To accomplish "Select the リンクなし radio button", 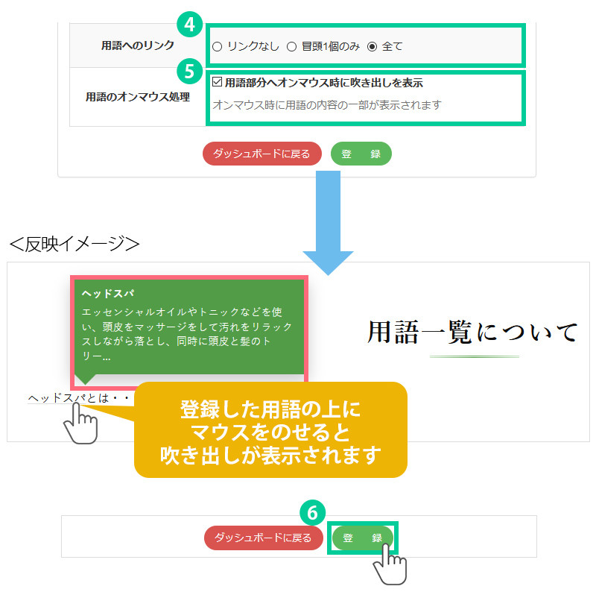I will coord(217,47).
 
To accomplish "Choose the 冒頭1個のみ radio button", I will coord(292,47).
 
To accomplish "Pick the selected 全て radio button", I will coord(372,47).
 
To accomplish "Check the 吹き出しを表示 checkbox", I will coord(218,83).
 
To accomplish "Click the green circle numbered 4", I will coord(190,24).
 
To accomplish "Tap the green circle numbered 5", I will coord(190,71).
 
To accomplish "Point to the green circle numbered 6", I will coord(312,512).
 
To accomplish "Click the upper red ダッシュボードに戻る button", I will coord(261,154).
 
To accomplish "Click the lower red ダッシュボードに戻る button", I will coord(264,538).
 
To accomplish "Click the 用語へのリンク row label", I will coord(137,46).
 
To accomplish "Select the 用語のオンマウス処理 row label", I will coord(137,97).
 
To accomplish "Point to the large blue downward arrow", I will coord(328,224).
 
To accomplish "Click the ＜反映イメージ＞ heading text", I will coord(74,245).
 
